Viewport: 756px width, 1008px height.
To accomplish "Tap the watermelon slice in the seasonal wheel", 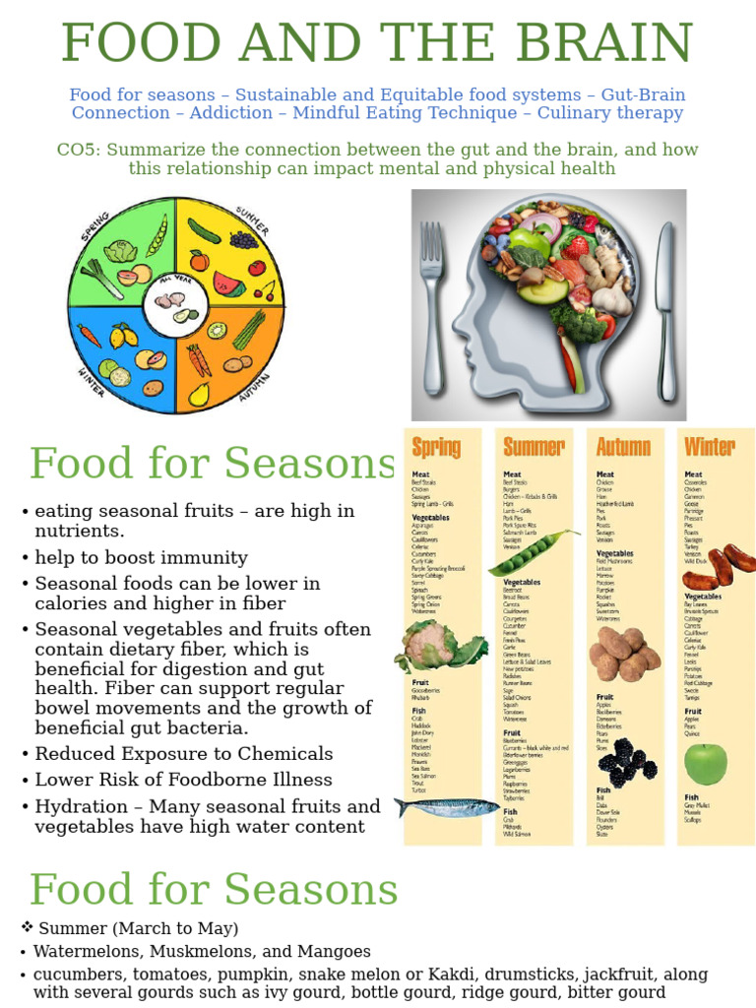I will (x=228, y=284).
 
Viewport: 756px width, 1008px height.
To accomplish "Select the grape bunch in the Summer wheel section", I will (x=243, y=238).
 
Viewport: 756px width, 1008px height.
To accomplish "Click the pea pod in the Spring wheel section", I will (x=157, y=235).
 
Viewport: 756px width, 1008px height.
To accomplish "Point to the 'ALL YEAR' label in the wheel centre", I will (x=176, y=281).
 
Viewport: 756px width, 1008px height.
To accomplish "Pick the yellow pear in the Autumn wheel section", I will (x=200, y=395).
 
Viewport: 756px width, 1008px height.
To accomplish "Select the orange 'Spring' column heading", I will (x=436, y=448).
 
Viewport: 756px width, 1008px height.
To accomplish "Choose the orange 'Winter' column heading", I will (x=710, y=448).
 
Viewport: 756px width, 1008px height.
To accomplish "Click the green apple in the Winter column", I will (x=706, y=764).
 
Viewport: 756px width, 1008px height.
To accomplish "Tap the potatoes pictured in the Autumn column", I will (x=624, y=654).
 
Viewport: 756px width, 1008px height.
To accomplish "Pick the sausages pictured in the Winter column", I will (x=720, y=566).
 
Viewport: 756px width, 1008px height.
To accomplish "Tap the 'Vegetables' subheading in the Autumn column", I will (x=615, y=553).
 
